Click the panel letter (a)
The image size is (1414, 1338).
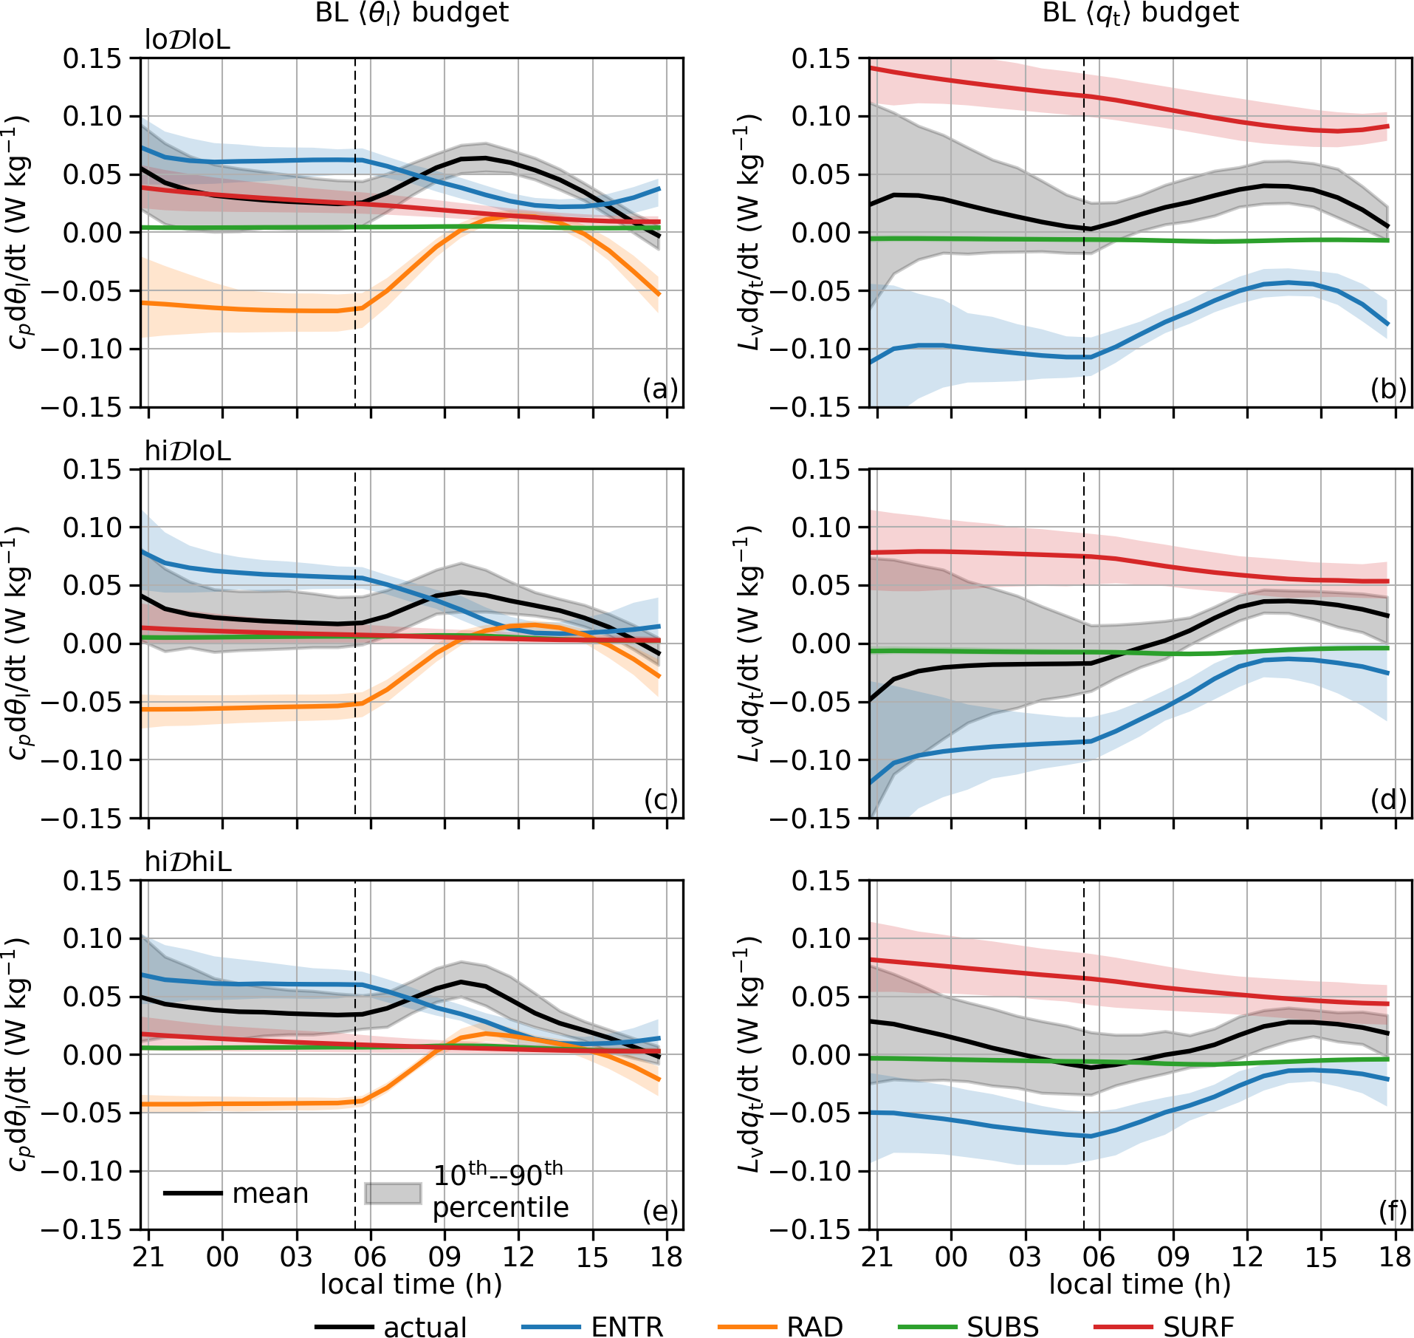tap(659, 389)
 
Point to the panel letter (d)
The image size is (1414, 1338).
tap(1388, 799)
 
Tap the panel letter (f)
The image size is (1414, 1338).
tap(1392, 1211)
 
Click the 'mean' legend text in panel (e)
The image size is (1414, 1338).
tap(270, 1193)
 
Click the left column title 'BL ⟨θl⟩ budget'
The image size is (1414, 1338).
tap(411, 13)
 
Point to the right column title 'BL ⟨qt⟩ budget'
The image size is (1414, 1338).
tap(1140, 13)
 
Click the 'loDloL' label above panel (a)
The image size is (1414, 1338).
tap(188, 40)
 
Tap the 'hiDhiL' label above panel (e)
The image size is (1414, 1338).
tap(188, 861)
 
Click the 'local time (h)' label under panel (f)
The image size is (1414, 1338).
tap(1139, 1284)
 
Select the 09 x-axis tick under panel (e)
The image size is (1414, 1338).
tap(445, 1256)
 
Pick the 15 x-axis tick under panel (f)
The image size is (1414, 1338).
tap(1321, 1256)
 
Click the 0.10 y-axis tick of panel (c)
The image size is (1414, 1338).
tap(92, 528)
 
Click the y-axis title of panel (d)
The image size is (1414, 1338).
tap(749, 643)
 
